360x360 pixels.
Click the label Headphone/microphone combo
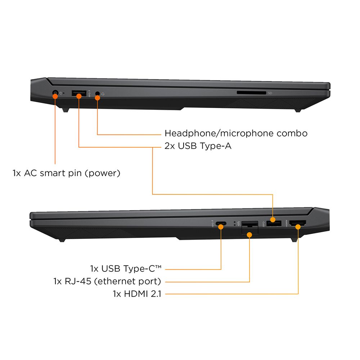pos(236,133)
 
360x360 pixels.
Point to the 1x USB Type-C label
pos(126,269)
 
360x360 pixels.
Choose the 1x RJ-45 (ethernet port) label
pos(107,281)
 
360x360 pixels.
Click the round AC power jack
pos(55,93)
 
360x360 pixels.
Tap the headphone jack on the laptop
pos(97,94)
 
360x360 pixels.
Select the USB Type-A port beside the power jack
pos(79,94)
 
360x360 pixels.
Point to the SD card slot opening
pos(251,93)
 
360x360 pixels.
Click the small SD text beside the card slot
pos(270,93)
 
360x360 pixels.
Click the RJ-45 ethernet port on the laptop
pos(249,226)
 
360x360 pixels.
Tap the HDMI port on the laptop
pos(298,225)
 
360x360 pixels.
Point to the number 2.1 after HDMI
pos(157,294)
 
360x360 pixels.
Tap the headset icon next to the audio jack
pos(103,94)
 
